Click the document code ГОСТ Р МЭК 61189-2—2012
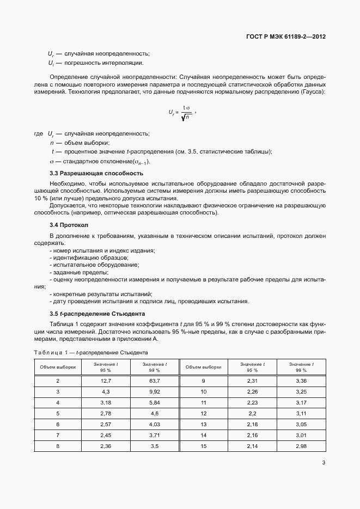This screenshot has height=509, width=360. point(286,37)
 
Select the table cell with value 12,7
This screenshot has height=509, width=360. point(106,380)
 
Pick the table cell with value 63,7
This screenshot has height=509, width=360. point(155,380)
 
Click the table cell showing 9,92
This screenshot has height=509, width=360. point(155,391)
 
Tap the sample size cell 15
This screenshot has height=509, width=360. point(204,446)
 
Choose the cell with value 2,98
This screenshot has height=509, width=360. point(301,446)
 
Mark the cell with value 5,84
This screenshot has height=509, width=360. point(155,402)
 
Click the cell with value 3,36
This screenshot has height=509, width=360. point(301,380)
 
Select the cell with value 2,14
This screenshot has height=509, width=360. point(252,446)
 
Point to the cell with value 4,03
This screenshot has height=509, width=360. point(155,424)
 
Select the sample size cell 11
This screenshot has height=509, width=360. point(204,402)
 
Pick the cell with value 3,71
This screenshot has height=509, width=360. point(155,435)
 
